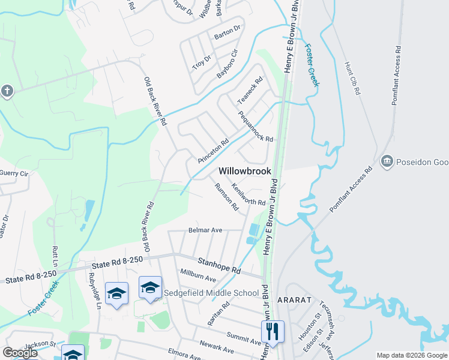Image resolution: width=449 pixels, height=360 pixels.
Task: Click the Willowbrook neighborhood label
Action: click(x=245, y=171)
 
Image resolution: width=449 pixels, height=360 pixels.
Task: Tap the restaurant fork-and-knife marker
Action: click(x=273, y=331)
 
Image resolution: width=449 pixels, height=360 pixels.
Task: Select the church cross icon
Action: click(x=7, y=91)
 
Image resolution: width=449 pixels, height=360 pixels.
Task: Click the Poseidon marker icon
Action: click(x=387, y=161)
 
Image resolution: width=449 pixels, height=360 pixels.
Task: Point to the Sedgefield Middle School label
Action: click(x=211, y=293)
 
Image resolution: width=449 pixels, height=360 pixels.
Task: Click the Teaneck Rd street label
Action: click(x=250, y=90)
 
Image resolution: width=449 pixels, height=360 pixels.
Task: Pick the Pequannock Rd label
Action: click(x=255, y=126)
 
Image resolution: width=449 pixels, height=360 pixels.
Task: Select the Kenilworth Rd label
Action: click(x=248, y=194)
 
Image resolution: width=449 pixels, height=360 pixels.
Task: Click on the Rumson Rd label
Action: click(x=226, y=197)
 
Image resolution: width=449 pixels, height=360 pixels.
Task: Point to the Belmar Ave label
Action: click(x=205, y=230)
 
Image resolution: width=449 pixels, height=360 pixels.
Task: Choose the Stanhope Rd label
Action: click(x=219, y=266)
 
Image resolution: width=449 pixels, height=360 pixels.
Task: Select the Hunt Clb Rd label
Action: click(x=352, y=78)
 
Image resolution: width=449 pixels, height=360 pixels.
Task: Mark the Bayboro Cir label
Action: click(x=228, y=64)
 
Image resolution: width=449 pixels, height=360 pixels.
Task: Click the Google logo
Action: click(x=20, y=353)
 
